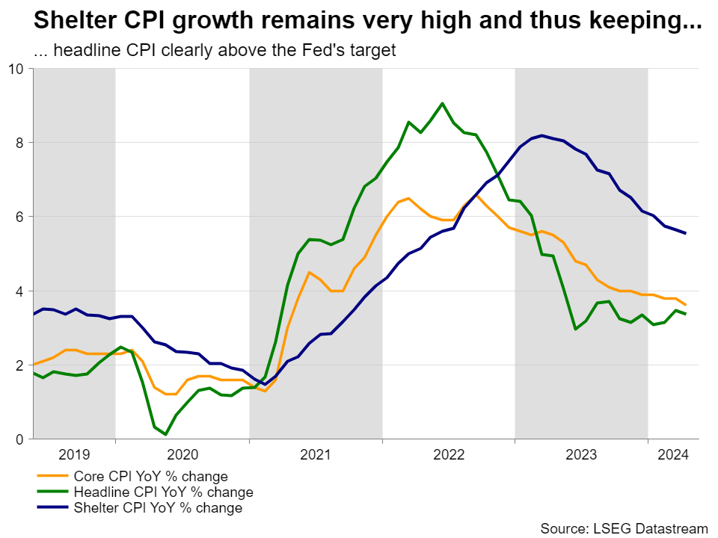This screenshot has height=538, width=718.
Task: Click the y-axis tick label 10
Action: pyautogui.click(x=16, y=69)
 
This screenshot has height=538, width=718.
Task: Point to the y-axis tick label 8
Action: pyautogui.click(x=20, y=143)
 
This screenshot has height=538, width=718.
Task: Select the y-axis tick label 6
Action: pyautogui.click(x=20, y=217)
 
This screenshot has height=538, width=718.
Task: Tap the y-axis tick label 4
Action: pyautogui.click(x=20, y=291)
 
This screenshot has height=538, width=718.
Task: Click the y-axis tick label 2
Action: pyautogui.click(x=20, y=365)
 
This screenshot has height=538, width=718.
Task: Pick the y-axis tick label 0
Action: pyautogui.click(x=20, y=439)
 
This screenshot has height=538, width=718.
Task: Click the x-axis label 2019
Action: pyautogui.click(x=74, y=454)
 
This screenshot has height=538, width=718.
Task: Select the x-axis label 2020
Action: pyautogui.click(x=182, y=454)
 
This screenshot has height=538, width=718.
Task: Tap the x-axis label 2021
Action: pyautogui.click(x=316, y=454)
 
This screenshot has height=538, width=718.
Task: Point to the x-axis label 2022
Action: pyautogui.click(x=449, y=454)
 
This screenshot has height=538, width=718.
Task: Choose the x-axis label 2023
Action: pyautogui.click(x=581, y=454)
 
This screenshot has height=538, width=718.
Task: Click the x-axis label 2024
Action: pyautogui.click(x=674, y=454)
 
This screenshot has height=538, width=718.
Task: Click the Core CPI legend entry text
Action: pyautogui.click(x=150, y=477)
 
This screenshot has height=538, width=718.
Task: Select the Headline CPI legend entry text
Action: pyautogui.click(x=163, y=492)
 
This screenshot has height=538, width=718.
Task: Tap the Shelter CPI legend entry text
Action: pyautogui.click(x=158, y=508)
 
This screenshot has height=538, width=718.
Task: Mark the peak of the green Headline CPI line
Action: pyautogui.click(x=442, y=103)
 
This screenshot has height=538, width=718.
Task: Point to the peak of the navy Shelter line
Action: pyautogui.click(x=541, y=135)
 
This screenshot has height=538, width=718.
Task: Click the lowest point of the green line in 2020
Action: pyautogui.click(x=165, y=434)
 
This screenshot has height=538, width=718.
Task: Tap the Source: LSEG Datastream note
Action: pyautogui.click(x=624, y=528)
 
